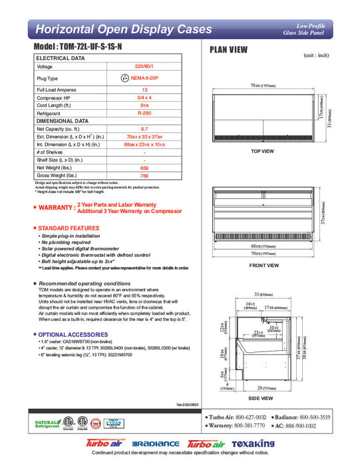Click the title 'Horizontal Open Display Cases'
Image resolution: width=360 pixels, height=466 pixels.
123,29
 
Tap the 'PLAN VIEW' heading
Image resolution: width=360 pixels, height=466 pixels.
230,49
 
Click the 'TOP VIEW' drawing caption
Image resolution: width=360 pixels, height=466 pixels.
262,151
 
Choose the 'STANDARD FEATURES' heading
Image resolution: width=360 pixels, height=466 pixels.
69,228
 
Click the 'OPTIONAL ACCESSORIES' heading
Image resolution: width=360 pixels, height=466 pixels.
73,334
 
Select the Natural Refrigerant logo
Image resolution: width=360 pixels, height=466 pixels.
47,424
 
